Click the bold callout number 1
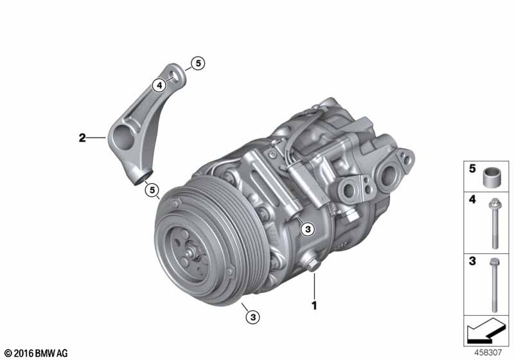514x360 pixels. click(x=314, y=305)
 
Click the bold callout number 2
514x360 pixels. click(x=82, y=138)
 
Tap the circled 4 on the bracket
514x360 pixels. click(x=159, y=86)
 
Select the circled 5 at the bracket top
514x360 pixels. click(x=198, y=63)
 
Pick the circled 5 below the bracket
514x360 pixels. click(x=152, y=190)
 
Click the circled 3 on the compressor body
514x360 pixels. click(x=308, y=230)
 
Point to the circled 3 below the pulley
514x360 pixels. click(x=253, y=317)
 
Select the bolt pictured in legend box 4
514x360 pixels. click(x=495, y=224)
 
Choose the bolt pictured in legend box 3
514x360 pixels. click(x=494, y=285)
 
